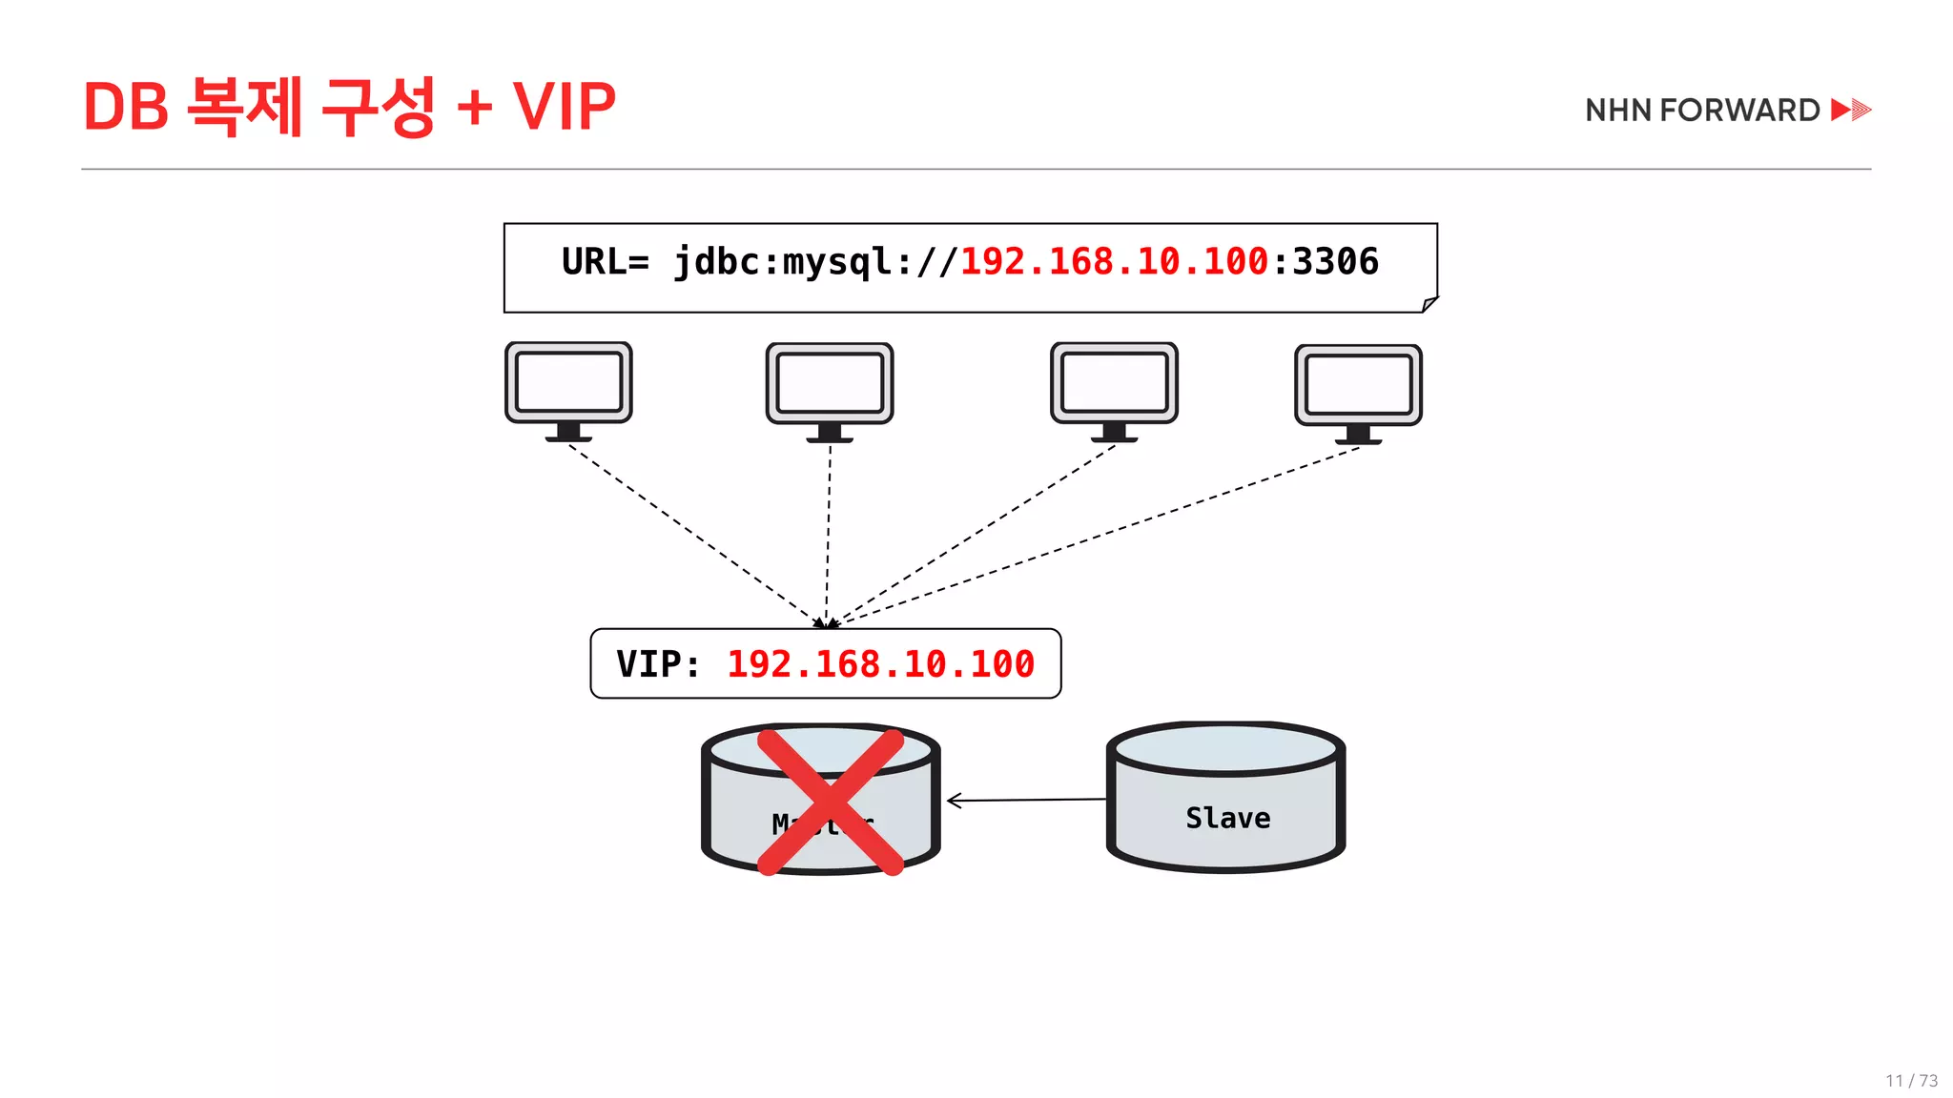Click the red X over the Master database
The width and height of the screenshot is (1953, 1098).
(830, 802)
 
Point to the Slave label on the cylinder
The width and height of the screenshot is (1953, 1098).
(1227, 818)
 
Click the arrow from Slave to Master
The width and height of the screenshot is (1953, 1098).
(1026, 801)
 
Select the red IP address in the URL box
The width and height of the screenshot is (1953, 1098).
(1114, 262)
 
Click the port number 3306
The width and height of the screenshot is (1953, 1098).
(1335, 262)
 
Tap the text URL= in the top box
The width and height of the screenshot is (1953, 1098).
(605, 262)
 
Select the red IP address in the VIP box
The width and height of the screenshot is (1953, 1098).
(880, 664)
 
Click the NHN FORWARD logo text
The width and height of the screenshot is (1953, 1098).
(1702, 111)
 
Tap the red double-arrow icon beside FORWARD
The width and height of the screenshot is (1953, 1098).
(1851, 110)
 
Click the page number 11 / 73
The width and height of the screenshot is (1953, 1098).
(1911, 1081)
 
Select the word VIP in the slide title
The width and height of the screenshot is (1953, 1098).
(564, 106)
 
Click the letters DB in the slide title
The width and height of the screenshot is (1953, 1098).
(126, 106)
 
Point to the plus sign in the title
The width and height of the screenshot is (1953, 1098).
(474, 108)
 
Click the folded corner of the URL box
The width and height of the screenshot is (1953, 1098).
(1429, 304)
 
